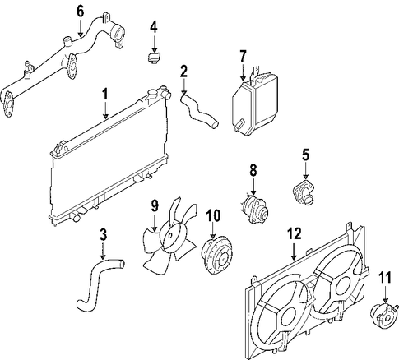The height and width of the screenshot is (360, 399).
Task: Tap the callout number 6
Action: coord(80,11)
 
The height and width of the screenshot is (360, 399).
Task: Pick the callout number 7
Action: coord(242,55)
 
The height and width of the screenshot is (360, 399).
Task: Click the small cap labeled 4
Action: coord(152,58)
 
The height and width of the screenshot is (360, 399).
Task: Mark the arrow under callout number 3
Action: coord(104,252)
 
